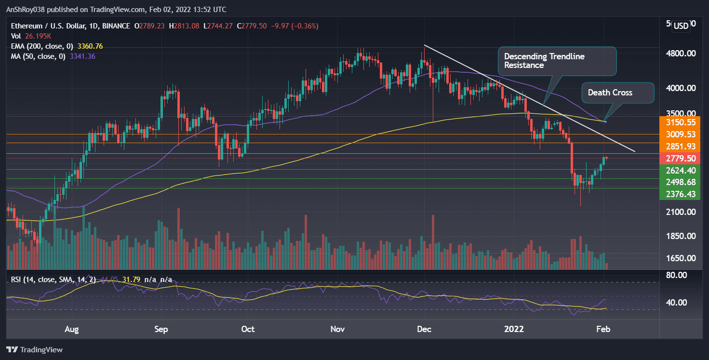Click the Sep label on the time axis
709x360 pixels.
coord(161,329)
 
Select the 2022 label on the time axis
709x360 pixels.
coord(514,329)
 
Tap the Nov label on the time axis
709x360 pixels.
coord(337,329)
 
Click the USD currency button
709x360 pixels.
coord(681,26)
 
